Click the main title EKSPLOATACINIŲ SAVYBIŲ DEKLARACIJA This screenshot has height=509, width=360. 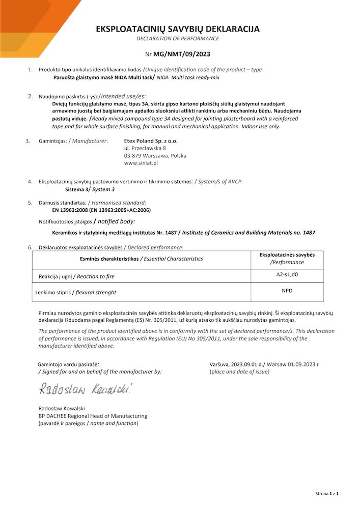point(178,29)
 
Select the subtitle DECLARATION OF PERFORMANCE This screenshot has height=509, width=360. point(178,39)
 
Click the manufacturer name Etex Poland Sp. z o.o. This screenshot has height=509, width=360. point(151,140)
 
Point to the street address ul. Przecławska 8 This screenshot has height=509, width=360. point(145,148)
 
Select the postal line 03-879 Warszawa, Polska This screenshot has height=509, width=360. point(155,156)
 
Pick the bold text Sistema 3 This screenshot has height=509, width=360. point(77,189)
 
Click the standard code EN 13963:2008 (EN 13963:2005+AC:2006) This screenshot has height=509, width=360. point(101,210)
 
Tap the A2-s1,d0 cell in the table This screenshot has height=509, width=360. point(287,275)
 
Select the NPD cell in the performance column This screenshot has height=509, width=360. point(287,291)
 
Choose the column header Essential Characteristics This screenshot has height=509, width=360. point(172,259)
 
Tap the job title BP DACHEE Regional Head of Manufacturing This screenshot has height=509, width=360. point(93,416)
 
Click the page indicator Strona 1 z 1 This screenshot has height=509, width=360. point(326,493)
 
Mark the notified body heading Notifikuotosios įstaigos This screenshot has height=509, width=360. point(66,221)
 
